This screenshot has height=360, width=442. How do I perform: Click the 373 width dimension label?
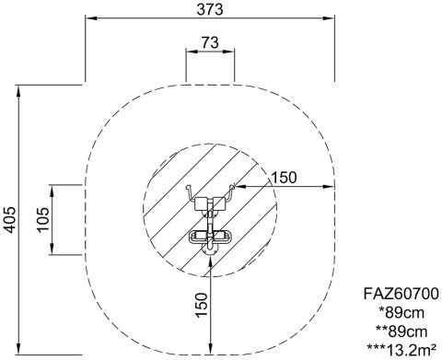click(x=210, y=9)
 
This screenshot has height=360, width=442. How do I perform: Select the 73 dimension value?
click(x=210, y=42)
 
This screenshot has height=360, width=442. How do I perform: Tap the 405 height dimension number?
click(x=9, y=220)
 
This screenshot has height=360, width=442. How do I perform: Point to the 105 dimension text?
click(x=42, y=220)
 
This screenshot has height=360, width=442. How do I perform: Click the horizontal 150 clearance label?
click(x=285, y=178)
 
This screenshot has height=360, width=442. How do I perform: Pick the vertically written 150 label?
click(x=202, y=305)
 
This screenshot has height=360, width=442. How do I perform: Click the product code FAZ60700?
click(x=401, y=294)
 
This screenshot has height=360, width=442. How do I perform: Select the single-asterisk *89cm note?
click(x=401, y=313)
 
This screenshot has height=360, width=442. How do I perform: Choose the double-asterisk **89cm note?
click(x=401, y=331)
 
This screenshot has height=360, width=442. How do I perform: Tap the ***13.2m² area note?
click(x=401, y=351)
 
